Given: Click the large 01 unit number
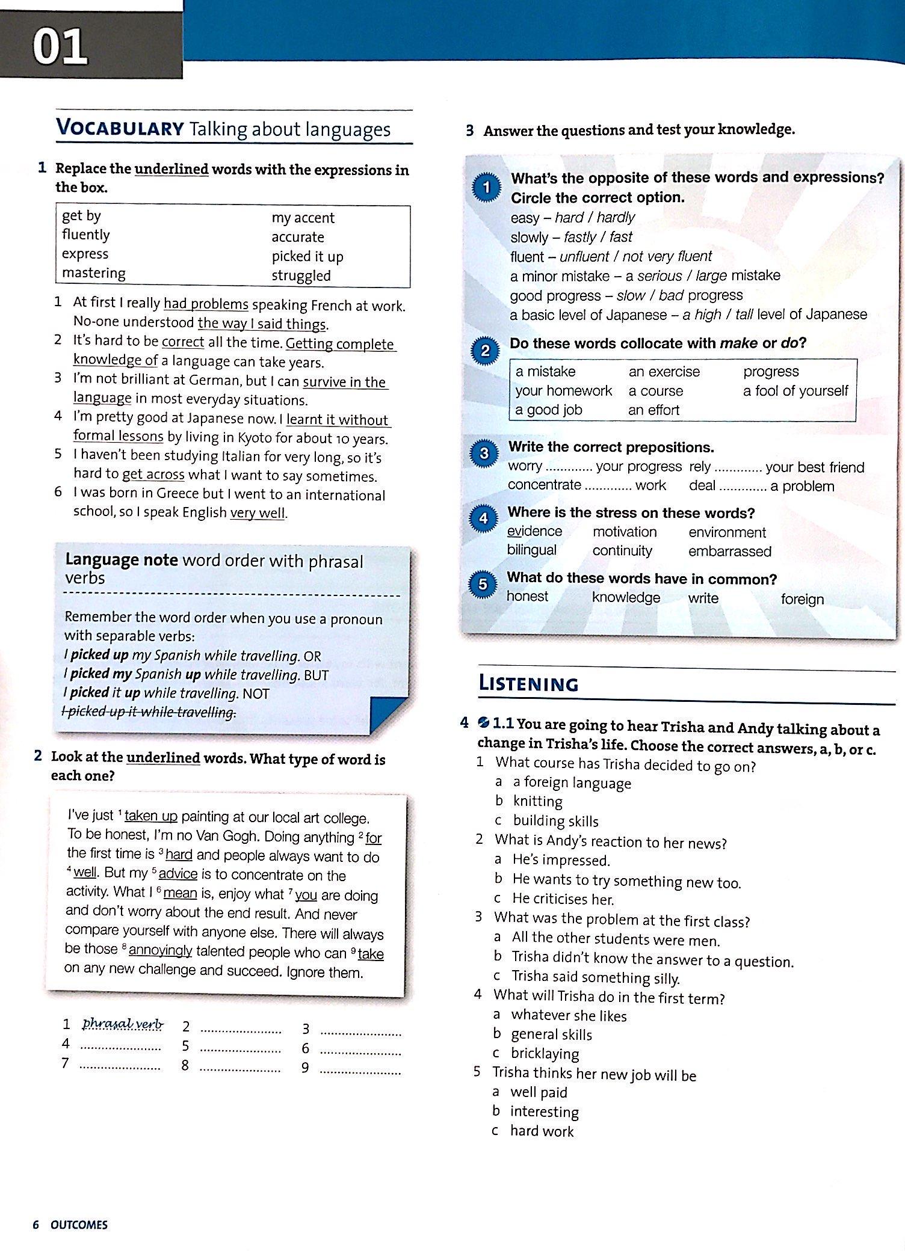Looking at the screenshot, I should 60,48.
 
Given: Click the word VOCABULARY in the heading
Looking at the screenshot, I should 120,128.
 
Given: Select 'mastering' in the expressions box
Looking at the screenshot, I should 94,273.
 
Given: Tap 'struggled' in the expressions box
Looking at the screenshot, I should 301,276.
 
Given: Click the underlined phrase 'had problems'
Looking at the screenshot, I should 206,304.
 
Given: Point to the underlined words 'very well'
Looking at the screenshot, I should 258,513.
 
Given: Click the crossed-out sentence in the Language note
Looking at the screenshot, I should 149,712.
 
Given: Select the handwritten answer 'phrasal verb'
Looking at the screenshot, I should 122,1024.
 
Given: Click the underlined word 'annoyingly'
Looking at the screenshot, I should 160,950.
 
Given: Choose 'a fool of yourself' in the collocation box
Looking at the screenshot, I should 795,391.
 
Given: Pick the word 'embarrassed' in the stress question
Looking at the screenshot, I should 729,551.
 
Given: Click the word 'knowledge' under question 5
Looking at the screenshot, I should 626,597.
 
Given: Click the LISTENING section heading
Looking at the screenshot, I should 528,684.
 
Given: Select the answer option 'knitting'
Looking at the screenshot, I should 537,801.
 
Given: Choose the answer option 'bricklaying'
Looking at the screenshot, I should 545,1053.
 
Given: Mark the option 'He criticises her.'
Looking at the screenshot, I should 563,899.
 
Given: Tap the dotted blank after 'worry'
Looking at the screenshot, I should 569,467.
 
